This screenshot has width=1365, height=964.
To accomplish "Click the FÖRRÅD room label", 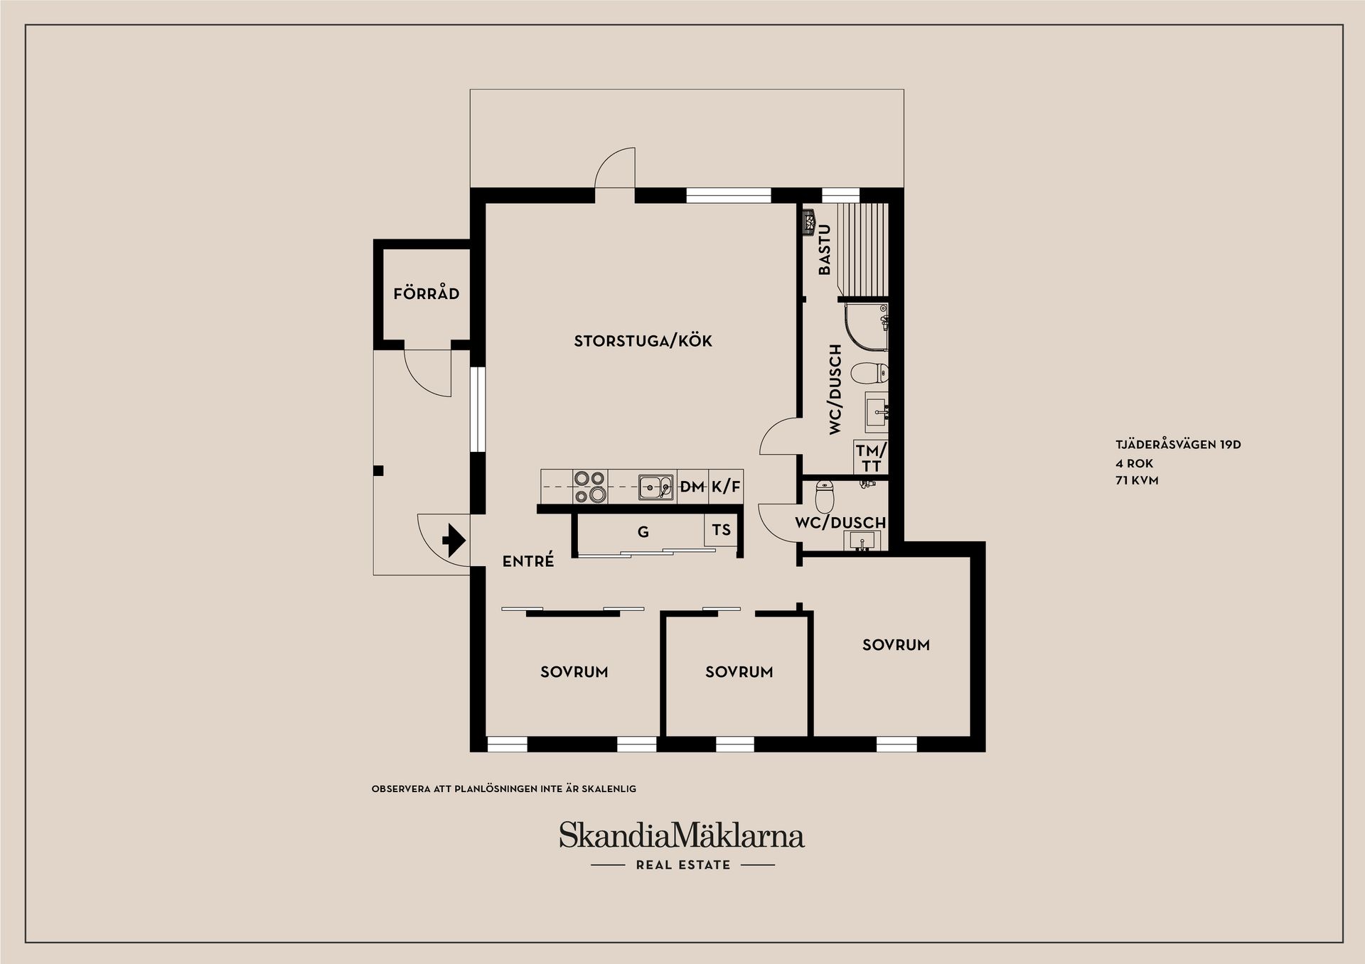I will (426, 293).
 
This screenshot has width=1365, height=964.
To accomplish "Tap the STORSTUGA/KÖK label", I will (643, 341).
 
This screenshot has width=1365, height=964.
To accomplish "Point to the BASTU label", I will (825, 249).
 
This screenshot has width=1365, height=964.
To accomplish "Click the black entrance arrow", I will (454, 540).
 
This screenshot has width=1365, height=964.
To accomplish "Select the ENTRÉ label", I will (528, 561).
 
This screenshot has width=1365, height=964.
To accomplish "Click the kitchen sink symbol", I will (655, 487).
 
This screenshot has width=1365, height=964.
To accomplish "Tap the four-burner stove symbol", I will (589, 487).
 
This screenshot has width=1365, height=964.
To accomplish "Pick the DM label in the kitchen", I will (692, 487).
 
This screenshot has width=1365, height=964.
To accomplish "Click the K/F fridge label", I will (726, 487).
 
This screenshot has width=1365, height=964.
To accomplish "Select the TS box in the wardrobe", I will (721, 530).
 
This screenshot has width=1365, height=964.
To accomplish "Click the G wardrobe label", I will (643, 532).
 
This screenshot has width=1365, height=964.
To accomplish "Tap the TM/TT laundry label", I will (871, 458).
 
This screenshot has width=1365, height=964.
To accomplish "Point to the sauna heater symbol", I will (808, 220).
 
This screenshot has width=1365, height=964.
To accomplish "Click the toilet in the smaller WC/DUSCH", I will (824, 497).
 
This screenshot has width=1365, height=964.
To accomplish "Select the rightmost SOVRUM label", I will (896, 645).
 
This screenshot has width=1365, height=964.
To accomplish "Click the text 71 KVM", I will (1137, 480).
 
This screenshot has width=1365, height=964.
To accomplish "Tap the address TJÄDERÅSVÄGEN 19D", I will (1177, 445).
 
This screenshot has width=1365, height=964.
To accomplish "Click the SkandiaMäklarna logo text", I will (681, 835).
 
